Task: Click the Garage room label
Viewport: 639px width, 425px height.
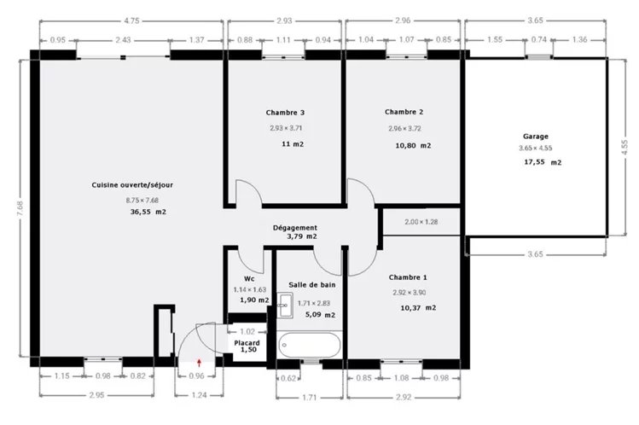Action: (536, 136)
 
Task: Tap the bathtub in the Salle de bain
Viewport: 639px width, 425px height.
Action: (310, 346)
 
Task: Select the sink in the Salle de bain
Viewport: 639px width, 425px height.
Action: (285, 305)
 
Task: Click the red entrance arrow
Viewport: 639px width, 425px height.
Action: (200, 363)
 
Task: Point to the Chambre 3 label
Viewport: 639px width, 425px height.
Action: (285, 113)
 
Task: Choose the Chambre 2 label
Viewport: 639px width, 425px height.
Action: (404, 112)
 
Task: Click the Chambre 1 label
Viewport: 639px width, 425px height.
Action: (408, 277)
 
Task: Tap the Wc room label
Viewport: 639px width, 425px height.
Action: (249, 279)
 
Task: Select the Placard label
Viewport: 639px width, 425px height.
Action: (247, 343)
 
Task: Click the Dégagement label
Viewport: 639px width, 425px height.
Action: (295, 228)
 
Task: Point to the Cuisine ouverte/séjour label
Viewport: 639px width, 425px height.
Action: (132, 185)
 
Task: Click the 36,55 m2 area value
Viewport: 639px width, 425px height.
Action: (148, 212)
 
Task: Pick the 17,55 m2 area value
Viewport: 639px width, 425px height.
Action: (543, 162)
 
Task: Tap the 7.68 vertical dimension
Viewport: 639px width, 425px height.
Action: (20, 208)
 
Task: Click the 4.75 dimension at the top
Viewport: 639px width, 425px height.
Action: (131, 20)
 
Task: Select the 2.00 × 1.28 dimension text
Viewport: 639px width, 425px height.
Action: (421, 222)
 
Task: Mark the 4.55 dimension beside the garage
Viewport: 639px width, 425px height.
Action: (624, 147)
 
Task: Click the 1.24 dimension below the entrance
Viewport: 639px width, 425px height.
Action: (199, 395)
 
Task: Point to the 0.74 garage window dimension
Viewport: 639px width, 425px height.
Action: (538, 40)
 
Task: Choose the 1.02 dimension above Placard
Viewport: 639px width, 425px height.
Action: (247, 332)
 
